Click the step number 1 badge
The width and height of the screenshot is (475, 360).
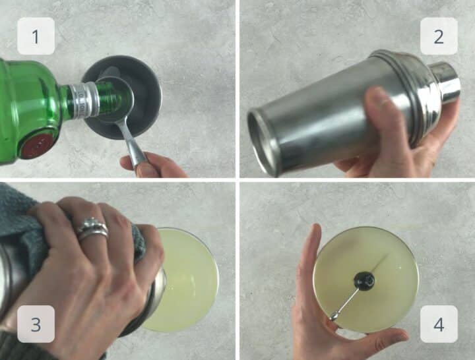pyautogui.click(x=36, y=36)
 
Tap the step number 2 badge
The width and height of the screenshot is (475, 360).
pyautogui.click(x=439, y=36)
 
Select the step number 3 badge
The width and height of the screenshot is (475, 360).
pyautogui.click(x=36, y=324)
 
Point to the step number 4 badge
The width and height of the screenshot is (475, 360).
pyautogui.click(x=439, y=324)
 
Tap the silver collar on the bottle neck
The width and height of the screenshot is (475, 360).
pyautogui.click(x=82, y=100)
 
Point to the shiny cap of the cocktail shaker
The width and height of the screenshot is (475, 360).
pyautogui.click(x=445, y=82)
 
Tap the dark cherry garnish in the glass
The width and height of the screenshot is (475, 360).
pyautogui.click(x=364, y=280)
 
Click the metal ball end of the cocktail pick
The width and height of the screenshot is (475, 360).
pyautogui.click(x=334, y=316)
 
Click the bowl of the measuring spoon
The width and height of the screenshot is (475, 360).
pyautogui.click(x=115, y=100)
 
